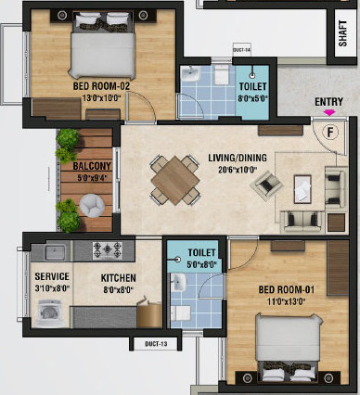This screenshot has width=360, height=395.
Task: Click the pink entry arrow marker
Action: pos(329,112)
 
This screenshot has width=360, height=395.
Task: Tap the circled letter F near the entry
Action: pos(330,133)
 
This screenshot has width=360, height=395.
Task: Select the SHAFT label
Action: pos(342,33)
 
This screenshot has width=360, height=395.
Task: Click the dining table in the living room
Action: pos(175,181)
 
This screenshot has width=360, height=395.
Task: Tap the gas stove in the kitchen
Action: pos(107,250)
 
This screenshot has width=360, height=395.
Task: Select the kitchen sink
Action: pos(55,252)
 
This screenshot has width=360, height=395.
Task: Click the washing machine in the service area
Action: pos(49,313)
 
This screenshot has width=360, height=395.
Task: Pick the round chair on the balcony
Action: pos(92,205)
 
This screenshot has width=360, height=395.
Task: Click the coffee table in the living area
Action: pos(302,189)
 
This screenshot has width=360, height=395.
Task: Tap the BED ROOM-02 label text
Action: pos(101,86)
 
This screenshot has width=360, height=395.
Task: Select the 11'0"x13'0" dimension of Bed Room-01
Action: pos(287,301)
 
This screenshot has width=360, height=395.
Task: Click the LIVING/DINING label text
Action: pos(238,158)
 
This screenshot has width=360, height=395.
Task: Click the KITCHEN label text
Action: pos(118,278)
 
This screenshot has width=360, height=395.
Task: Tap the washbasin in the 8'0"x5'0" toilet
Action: pos(190,74)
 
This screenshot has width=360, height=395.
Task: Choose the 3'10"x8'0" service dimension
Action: pos(52,288)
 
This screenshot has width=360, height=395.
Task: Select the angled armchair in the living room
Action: pos(266,185)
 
